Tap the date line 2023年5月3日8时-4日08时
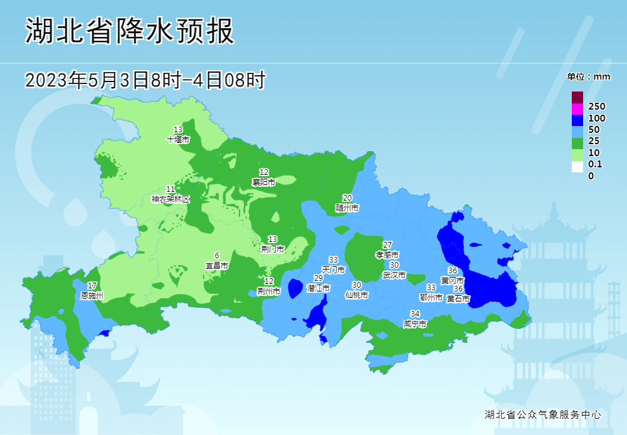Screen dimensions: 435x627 click(x=145, y=80)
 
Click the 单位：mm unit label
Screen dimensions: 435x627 click(x=588, y=76)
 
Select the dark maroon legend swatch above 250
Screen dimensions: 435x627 click(x=577, y=97)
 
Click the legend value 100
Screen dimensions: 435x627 click(x=596, y=118)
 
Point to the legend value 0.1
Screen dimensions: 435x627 click(x=594, y=164)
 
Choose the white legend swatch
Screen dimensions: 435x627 click(x=577, y=167)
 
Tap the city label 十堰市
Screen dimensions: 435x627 click(x=178, y=140)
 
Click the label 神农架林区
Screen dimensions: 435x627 click(x=170, y=199)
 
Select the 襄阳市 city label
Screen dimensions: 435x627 click(x=264, y=182)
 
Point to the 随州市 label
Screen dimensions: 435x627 click(x=347, y=207)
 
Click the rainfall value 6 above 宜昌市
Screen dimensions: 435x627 click(x=217, y=256)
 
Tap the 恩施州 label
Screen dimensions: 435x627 click(x=92, y=295)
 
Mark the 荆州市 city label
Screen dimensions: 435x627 click(x=268, y=291)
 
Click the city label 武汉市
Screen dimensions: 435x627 click(x=394, y=275)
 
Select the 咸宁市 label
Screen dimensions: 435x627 click(x=414, y=324)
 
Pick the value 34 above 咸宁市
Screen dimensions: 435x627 click(x=414, y=314)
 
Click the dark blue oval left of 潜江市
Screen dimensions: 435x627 click(x=295, y=288)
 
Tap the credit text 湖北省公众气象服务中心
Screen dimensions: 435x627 click(x=543, y=414)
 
